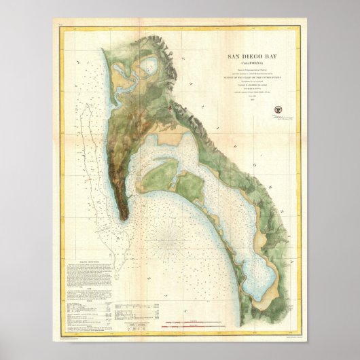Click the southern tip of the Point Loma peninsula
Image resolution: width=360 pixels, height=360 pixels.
click(x=125, y=217)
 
